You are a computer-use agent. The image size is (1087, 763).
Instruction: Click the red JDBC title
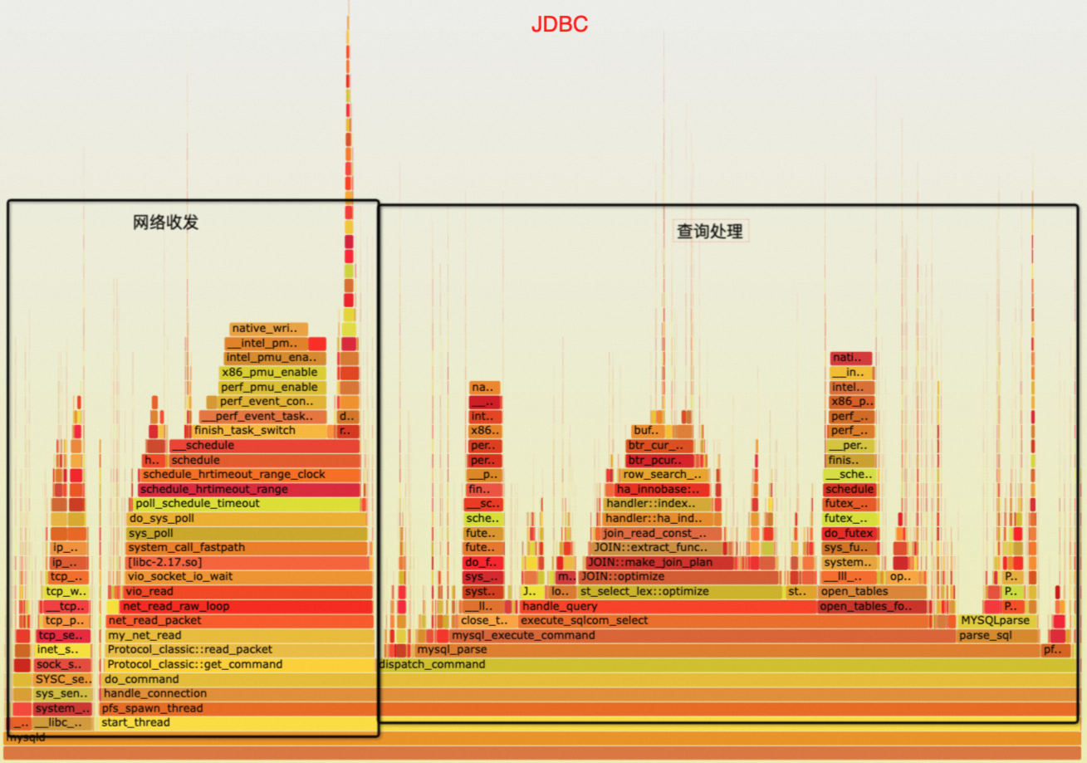coord(560,25)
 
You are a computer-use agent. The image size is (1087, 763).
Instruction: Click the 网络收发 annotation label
coord(166,223)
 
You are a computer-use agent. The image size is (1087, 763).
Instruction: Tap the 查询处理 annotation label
coord(710,232)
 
